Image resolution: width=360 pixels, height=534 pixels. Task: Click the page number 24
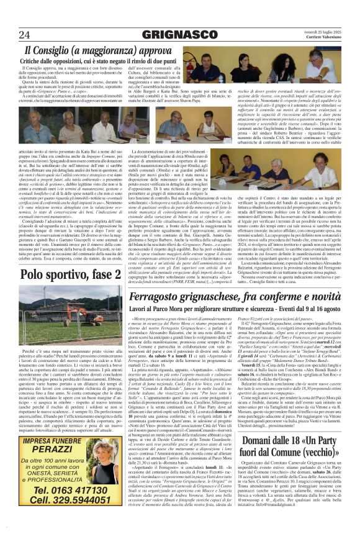coord(25,34)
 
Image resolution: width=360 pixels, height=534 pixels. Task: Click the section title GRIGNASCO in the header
coord(180,34)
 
